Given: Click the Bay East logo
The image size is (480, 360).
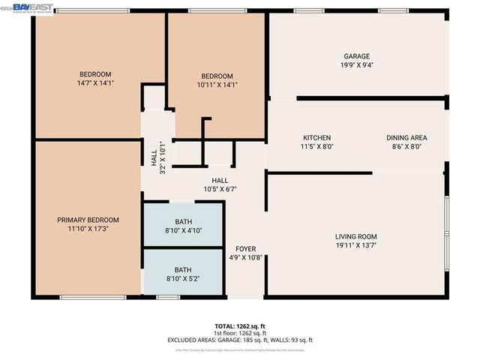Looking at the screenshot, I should click(x=22, y=6).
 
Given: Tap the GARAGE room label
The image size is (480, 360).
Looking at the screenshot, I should click(x=356, y=56).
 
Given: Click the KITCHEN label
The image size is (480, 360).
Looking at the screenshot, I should click(x=316, y=138).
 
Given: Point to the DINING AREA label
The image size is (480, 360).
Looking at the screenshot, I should click(x=406, y=138).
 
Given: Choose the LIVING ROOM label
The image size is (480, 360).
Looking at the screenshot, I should click(x=355, y=237).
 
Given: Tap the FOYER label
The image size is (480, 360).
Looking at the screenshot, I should click(x=246, y=248).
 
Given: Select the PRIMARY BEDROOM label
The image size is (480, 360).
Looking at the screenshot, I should click(x=88, y=220).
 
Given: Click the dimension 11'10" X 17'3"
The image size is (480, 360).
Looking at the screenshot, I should click(x=88, y=229).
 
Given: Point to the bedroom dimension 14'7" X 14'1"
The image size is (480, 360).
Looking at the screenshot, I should click(x=95, y=84).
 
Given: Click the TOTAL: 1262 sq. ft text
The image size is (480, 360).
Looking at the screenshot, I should click(x=240, y=325).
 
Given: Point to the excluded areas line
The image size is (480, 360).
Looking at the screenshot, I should click(x=240, y=340).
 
